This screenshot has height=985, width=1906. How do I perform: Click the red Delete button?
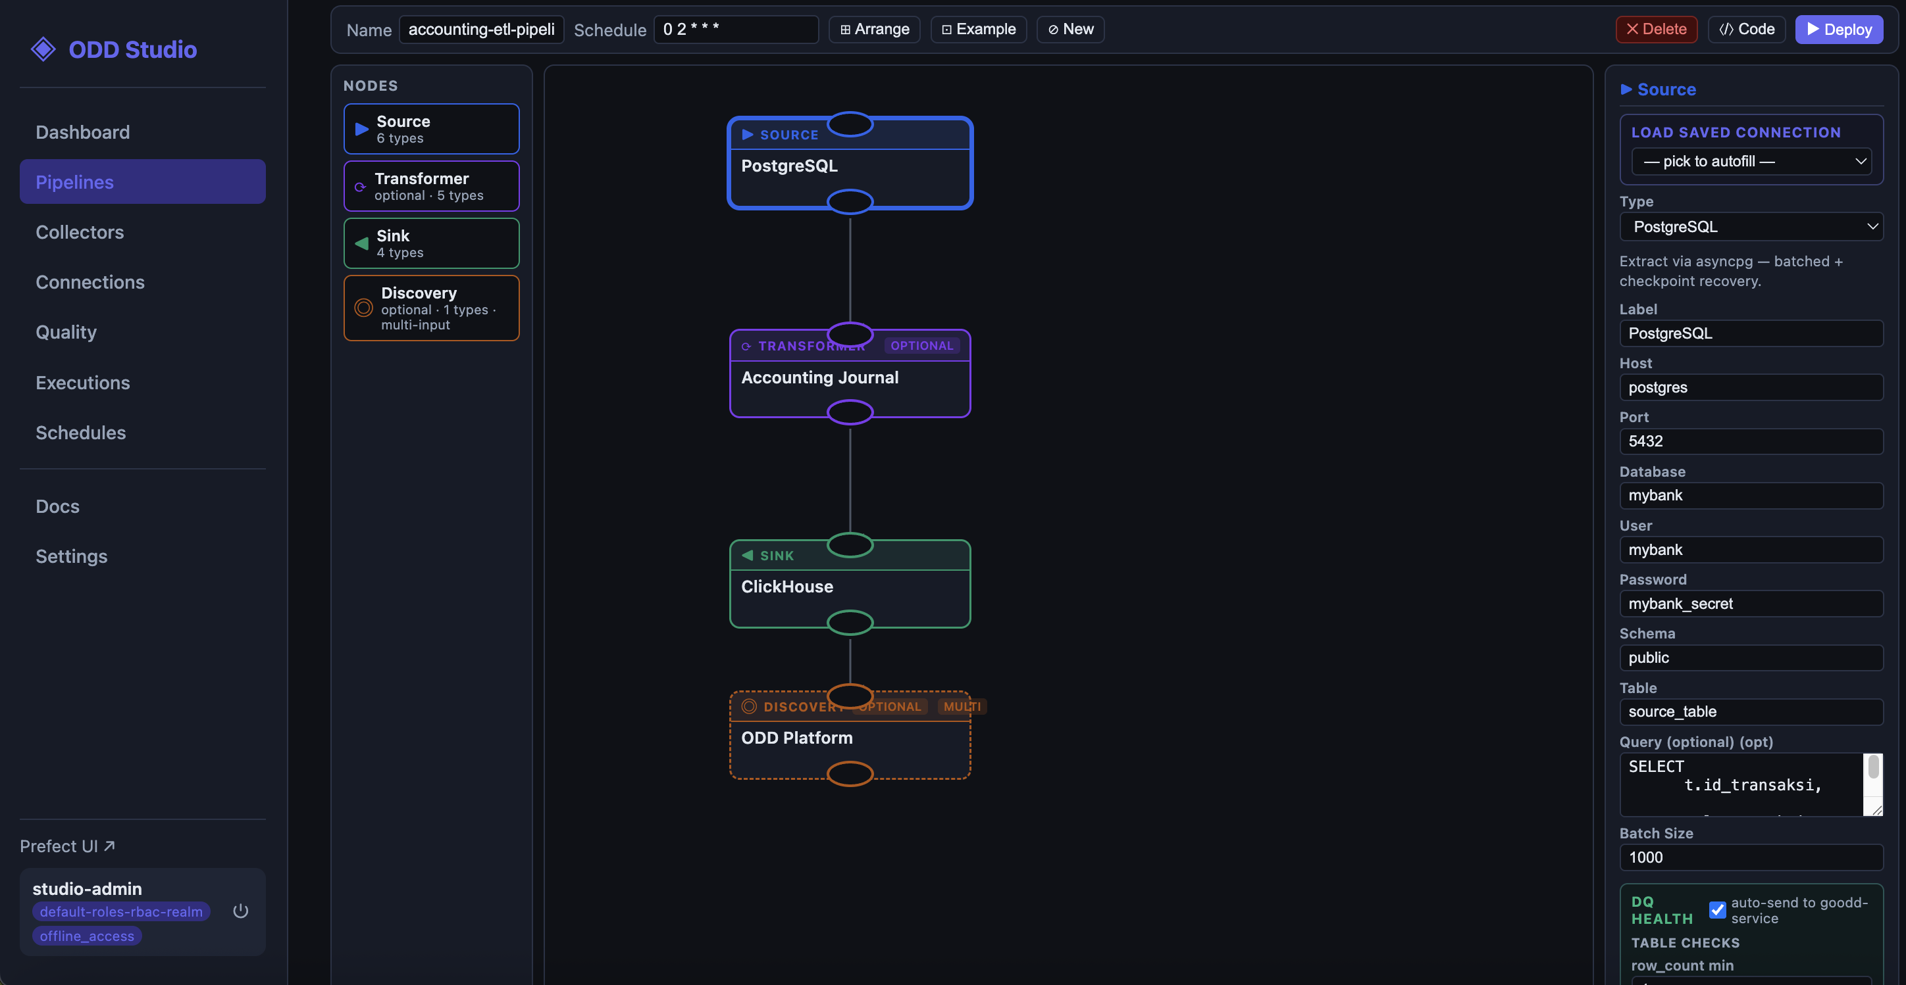(x=1656, y=30)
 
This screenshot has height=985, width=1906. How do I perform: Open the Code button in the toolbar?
(x=1746, y=30)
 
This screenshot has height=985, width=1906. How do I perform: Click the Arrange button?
(x=874, y=30)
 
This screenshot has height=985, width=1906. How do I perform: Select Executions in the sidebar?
(x=83, y=382)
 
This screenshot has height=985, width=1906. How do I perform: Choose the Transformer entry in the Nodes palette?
(x=431, y=186)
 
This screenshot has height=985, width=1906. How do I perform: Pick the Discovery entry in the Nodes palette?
(x=431, y=308)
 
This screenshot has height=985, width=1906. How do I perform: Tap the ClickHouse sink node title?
(x=787, y=587)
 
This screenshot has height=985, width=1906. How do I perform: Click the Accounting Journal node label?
(x=820, y=377)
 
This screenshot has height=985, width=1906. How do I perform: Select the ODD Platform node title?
(x=797, y=737)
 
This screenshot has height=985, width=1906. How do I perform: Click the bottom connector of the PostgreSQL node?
(x=850, y=201)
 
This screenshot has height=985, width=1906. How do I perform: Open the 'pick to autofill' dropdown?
(x=1751, y=161)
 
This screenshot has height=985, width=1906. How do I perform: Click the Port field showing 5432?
(x=1751, y=441)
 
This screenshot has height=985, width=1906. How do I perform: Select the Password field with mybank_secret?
(x=1751, y=604)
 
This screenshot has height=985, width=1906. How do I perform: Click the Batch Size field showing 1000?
(x=1751, y=857)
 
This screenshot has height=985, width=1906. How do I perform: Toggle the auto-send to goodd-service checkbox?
(x=1717, y=909)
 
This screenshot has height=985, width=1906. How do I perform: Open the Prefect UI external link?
(x=67, y=846)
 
